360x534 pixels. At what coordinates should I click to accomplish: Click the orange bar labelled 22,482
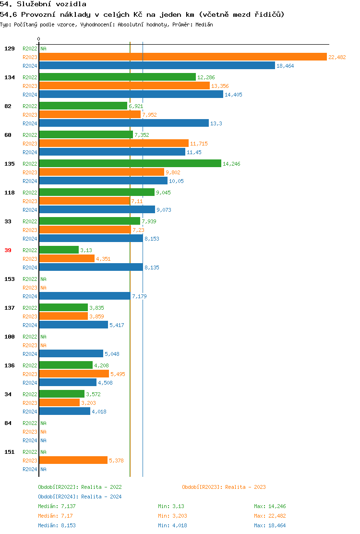pos(182,57)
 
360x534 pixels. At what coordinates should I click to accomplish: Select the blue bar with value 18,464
pos(157,66)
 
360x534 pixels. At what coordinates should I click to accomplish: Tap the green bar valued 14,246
pos(130,164)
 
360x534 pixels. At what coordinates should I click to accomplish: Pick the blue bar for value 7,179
pos(84,296)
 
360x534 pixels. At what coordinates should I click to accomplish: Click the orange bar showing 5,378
pos(73,461)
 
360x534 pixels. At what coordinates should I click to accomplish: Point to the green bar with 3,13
pos(59,250)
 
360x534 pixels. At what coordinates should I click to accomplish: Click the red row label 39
pos(8,250)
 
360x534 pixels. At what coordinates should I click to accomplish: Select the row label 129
pos(9,49)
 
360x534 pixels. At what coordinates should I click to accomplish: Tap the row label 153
pos(9,279)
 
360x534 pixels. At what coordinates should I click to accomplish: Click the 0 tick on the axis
pos(39,39)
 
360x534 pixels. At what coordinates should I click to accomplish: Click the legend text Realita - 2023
pos(245,487)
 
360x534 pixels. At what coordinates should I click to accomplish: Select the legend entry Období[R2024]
pos(59,497)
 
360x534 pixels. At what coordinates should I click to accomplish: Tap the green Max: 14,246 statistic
pos(270,506)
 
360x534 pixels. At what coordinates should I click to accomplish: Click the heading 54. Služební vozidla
pos(43,4)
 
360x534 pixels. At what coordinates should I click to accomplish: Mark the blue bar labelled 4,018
pos(64,412)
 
